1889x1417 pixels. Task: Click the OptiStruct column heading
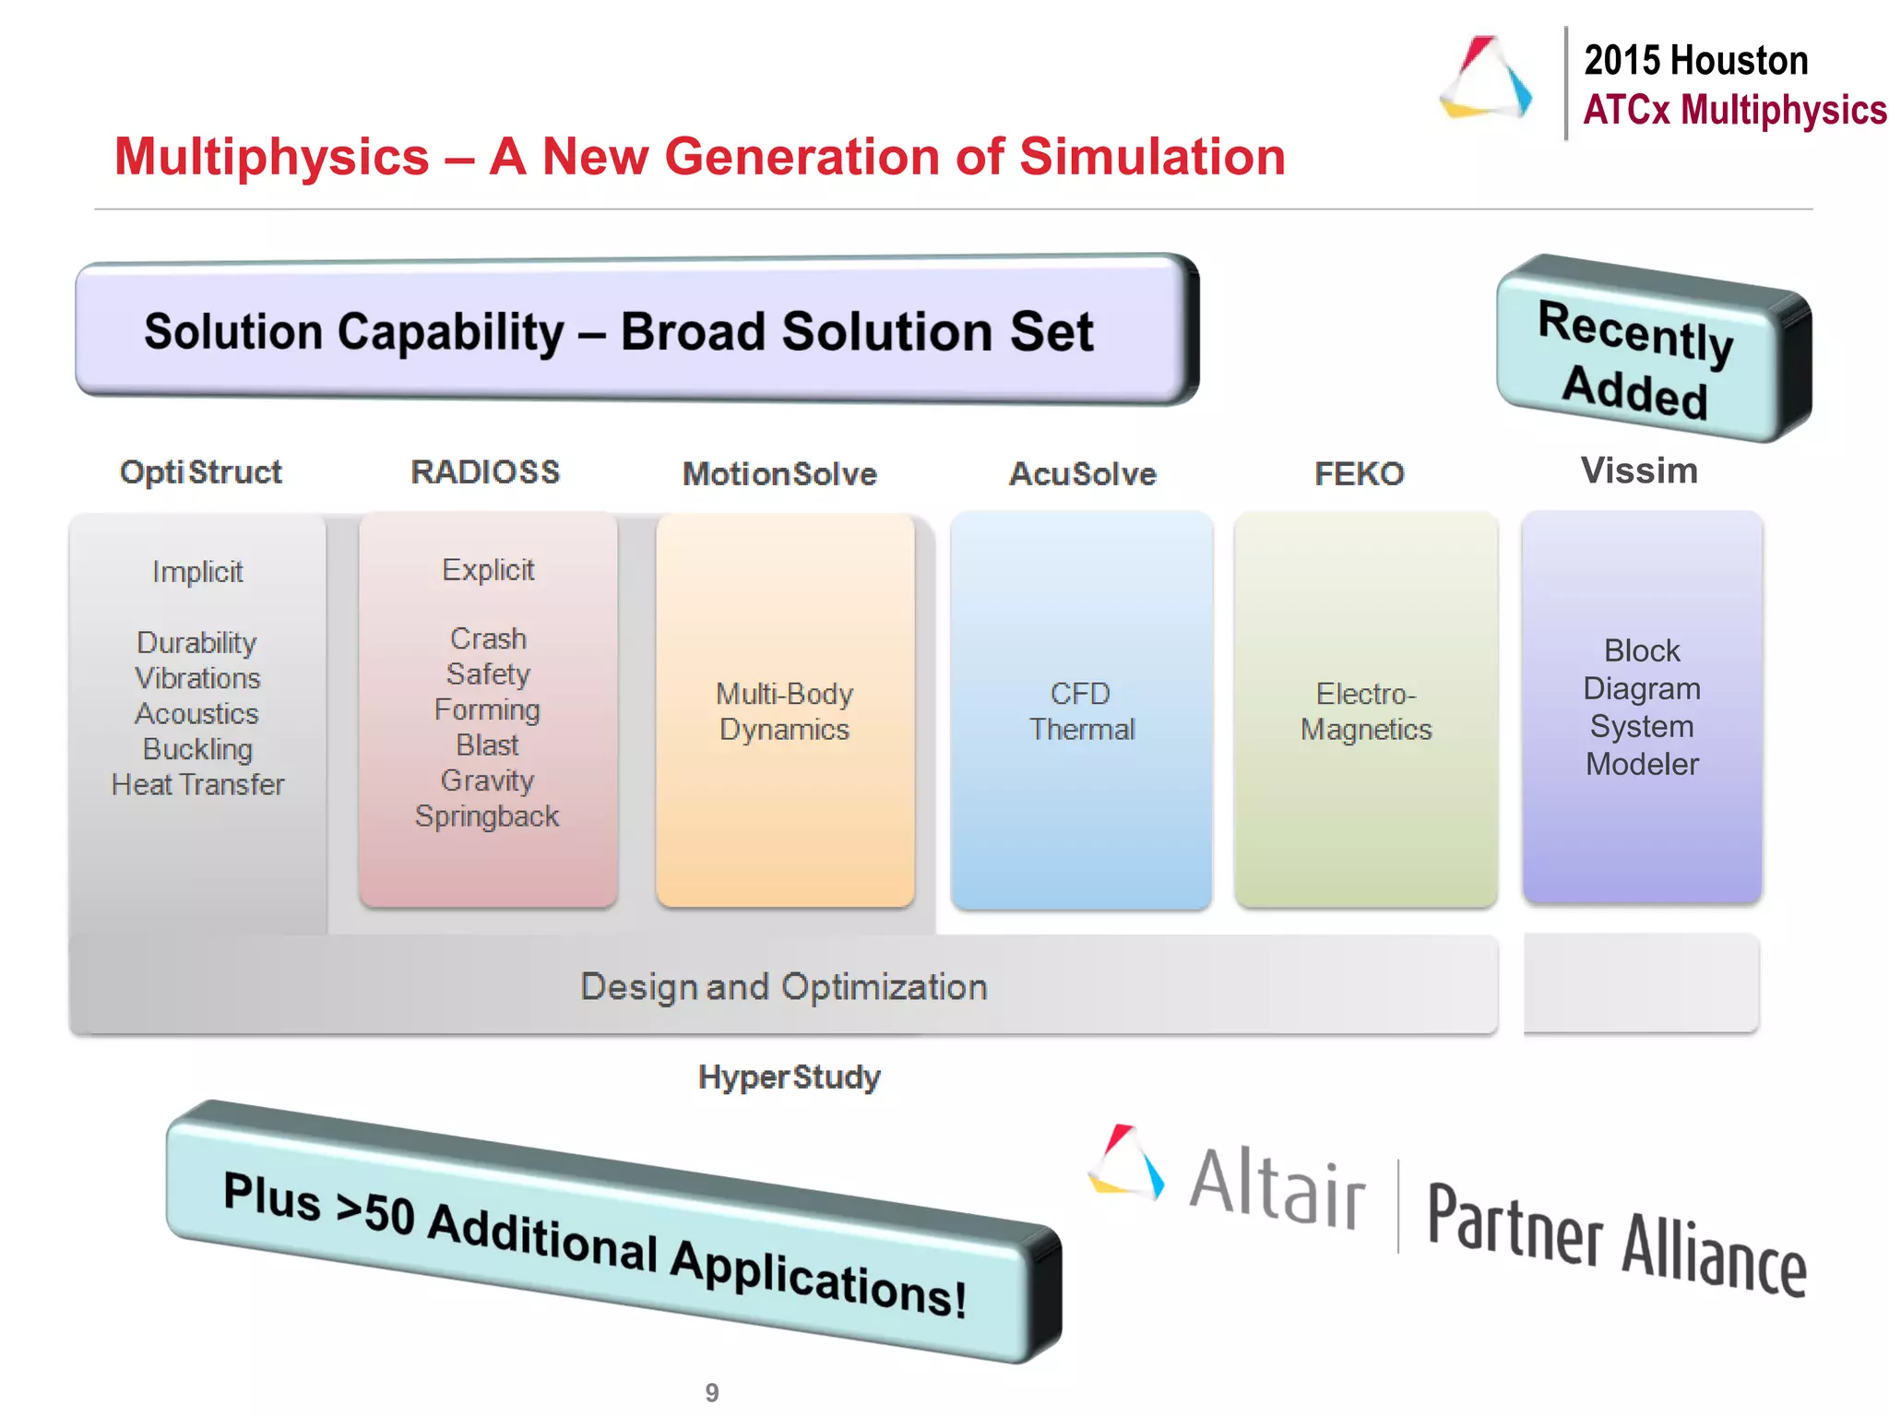tap(200, 472)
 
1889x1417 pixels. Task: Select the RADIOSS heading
tap(485, 472)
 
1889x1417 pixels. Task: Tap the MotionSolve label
tap(779, 474)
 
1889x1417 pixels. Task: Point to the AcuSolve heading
tap(1082, 474)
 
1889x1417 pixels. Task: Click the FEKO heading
tap(1359, 474)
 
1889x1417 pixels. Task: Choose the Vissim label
tap(1639, 471)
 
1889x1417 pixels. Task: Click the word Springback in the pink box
tap(487, 816)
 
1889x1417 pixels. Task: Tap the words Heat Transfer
tap(197, 785)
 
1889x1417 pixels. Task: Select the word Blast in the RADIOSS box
tap(487, 745)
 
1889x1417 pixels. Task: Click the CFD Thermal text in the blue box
tap(1081, 711)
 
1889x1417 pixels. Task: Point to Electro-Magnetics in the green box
tap(1366, 711)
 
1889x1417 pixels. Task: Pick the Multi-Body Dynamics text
tap(784, 711)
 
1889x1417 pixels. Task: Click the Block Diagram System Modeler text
tap(1642, 708)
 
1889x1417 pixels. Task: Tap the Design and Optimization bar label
tap(784, 987)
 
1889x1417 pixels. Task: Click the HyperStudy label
tap(790, 1078)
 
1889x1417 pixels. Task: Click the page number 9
tap(712, 1392)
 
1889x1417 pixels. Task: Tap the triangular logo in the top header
tap(1486, 78)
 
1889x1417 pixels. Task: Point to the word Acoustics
tap(197, 714)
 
